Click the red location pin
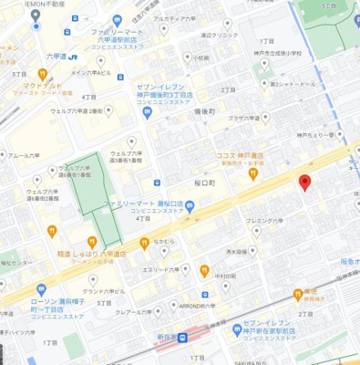point(305,182)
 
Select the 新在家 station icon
point(183,338)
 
